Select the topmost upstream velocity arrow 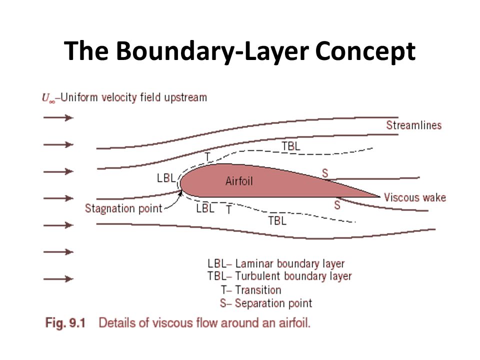(58, 118)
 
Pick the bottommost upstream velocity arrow (58, 279)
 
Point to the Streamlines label (413, 125)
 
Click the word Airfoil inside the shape (239, 181)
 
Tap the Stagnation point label (123, 208)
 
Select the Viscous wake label (414, 197)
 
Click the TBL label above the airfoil (291, 146)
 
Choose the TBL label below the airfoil (277, 220)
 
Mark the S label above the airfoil (325, 173)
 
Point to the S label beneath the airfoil (337, 205)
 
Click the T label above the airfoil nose (208, 156)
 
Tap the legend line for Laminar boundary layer (276, 263)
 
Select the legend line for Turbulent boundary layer (279, 276)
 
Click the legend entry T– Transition (251, 289)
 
